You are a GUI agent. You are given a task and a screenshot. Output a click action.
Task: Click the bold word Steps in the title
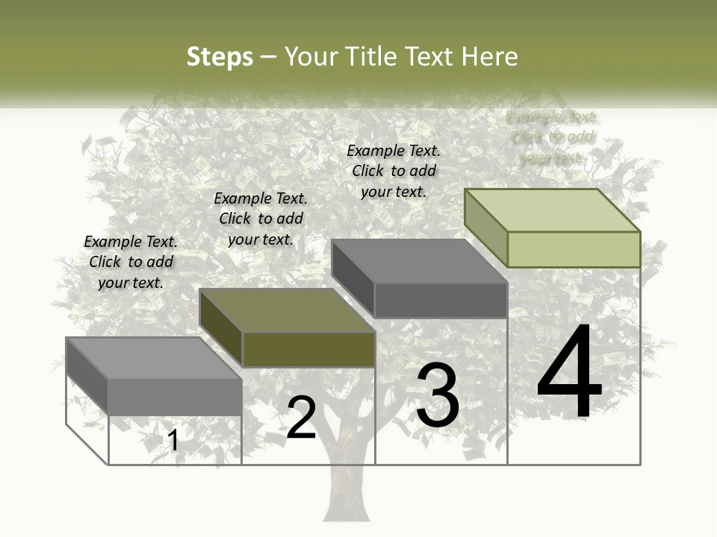tap(220, 57)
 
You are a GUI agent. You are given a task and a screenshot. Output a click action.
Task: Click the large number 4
tap(569, 373)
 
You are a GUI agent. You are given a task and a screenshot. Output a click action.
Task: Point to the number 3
tap(438, 395)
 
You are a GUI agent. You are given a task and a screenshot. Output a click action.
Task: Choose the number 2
tap(302, 418)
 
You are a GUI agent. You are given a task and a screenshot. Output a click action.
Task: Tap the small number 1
tap(173, 441)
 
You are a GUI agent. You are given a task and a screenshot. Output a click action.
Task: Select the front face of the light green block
tap(574, 249)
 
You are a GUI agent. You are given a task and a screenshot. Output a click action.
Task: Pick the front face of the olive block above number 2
tap(308, 349)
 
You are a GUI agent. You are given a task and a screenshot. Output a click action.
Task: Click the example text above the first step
tap(131, 262)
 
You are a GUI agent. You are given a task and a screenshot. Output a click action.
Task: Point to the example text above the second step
tap(261, 219)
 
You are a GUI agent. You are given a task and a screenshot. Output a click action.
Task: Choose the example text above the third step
tap(394, 171)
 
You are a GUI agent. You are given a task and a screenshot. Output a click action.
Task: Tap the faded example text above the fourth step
tap(552, 137)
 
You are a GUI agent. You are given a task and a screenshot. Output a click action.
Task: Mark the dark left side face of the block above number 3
tap(353, 277)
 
